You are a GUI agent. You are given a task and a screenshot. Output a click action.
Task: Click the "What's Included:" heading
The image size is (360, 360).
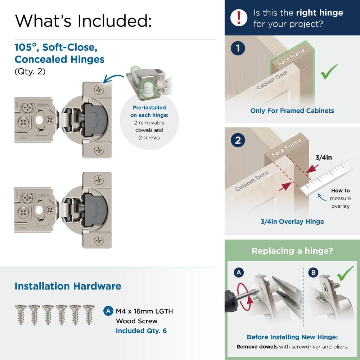pos(83,21)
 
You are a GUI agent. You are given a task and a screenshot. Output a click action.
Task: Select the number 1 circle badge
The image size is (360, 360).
pos(238,49)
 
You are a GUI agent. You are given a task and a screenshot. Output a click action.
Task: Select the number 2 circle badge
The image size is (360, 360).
pos(238,140)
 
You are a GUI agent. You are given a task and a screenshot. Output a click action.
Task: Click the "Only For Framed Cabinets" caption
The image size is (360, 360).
pos(292,111)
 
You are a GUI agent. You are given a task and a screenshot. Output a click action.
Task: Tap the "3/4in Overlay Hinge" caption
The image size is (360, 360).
pos(292,221)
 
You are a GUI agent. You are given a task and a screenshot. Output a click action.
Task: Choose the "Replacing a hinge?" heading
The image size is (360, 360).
pos(292,251)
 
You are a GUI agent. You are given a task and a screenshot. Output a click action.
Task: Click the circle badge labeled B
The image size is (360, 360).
pos(313,273)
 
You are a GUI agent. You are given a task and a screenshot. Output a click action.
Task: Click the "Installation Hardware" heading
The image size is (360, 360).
pos(68,286)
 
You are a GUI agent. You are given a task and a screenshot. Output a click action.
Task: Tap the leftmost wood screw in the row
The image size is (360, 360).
pos(20,314)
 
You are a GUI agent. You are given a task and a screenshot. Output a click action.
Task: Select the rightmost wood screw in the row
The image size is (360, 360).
pos(89,314)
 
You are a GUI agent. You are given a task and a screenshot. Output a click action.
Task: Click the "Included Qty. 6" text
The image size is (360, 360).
pos(141,330)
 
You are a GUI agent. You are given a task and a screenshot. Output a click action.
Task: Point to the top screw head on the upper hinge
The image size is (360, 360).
pos(99,90)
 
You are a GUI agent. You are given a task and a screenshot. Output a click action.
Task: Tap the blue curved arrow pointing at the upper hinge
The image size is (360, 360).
pos(113,77)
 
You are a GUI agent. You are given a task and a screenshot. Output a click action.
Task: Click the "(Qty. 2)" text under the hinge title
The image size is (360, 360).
pos(30,71)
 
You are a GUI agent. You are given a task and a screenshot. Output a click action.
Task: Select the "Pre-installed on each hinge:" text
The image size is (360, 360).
pos(149,112)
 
